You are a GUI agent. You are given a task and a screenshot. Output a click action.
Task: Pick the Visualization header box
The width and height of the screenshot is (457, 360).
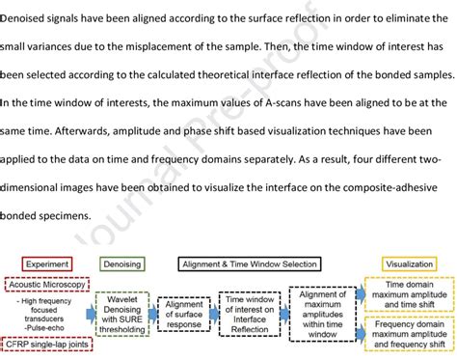(x=409, y=263)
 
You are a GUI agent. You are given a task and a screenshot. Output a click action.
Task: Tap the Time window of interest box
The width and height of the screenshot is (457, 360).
(x=249, y=314)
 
